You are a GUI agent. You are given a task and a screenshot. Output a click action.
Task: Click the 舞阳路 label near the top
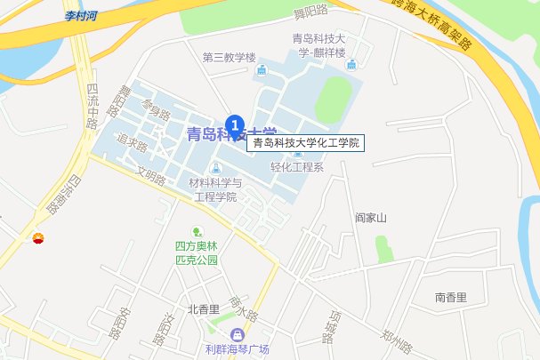coord(310,12)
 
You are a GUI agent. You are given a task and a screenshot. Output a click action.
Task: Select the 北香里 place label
coord(204,309)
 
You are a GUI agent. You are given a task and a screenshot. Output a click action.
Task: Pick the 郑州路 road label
coord(397,340)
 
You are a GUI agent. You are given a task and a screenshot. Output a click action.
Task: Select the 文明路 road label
coord(151,174)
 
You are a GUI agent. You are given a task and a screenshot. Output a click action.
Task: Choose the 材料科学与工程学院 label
coord(213,189)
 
